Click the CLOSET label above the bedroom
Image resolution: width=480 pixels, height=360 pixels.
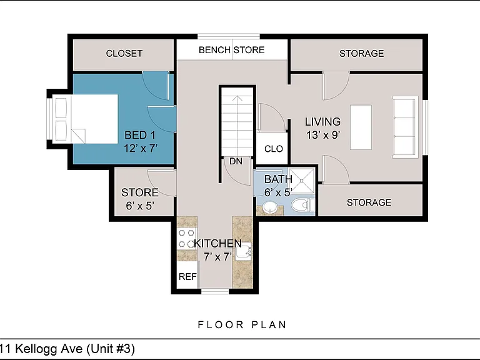(x=124, y=53)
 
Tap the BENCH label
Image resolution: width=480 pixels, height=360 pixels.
(x=214, y=49)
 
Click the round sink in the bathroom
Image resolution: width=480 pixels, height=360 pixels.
(x=270, y=207)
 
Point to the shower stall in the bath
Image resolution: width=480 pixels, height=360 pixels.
(x=302, y=181)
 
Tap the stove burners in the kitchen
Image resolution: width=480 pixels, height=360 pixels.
(x=186, y=239)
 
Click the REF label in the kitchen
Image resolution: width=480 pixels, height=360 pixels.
(x=187, y=276)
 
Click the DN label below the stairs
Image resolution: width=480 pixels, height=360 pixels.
(x=236, y=161)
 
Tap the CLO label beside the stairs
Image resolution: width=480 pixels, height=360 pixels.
(x=273, y=149)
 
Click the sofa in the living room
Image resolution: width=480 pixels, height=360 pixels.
(x=405, y=127)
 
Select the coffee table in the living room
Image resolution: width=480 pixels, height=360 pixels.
(x=361, y=127)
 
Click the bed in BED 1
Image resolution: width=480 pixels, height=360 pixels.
(x=85, y=119)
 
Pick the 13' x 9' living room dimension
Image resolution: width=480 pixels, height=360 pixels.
(x=323, y=134)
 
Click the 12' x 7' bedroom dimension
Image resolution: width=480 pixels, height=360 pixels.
(x=141, y=148)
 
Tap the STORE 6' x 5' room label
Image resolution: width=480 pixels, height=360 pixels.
(x=140, y=199)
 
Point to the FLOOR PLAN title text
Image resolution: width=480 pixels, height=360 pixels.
(x=242, y=324)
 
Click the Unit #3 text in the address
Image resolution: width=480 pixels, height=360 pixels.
(x=111, y=349)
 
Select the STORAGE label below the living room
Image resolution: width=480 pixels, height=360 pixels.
(x=369, y=202)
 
